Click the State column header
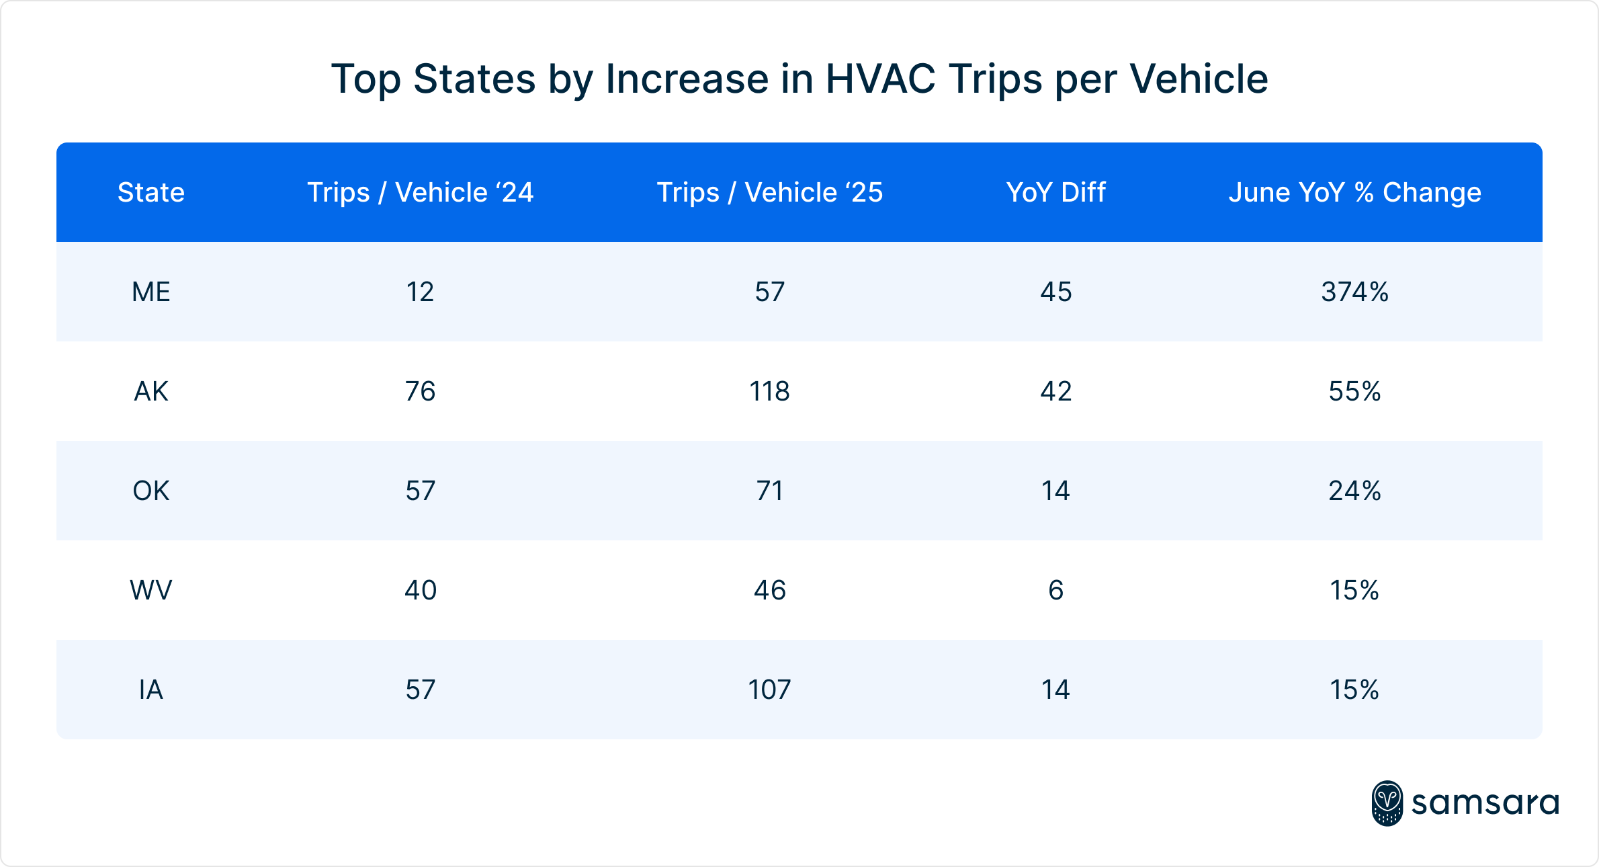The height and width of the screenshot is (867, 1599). [x=151, y=192]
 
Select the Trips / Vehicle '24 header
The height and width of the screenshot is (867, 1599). [x=420, y=192]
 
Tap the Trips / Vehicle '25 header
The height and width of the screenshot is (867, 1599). [x=769, y=192]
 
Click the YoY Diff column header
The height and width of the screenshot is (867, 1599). [x=1055, y=192]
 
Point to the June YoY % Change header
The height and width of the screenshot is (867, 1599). [x=1354, y=192]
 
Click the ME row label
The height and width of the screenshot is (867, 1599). [x=151, y=292]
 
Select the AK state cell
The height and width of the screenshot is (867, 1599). [x=151, y=391]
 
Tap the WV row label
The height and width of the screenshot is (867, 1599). [x=151, y=590]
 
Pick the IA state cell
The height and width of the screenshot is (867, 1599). [x=151, y=690]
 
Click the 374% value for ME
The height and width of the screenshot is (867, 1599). [x=1354, y=292]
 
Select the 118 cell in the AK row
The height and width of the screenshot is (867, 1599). [x=769, y=391]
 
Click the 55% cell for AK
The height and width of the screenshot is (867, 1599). [x=1354, y=391]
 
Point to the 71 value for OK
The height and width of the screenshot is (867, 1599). [x=769, y=491]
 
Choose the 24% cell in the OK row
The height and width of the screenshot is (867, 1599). [x=1354, y=491]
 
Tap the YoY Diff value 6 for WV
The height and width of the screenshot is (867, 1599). [x=1055, y=590]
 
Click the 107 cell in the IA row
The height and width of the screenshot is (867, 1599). [x=769, y=690]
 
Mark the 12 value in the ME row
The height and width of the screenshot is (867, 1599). [x=420, y=292]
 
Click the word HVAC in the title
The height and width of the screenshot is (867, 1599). [x=880, y=79]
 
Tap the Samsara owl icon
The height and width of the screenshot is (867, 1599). [x=1387, y=803]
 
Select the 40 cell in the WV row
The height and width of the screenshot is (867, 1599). [x=420, y=590]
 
